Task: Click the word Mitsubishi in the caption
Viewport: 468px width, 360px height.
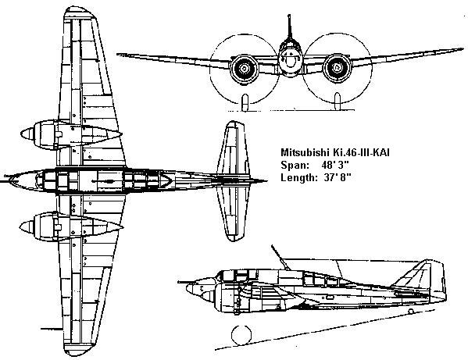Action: pyautogui.click(x=304, y=152)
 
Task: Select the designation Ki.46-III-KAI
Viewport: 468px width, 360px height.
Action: pyautogui.click(x=360, y=152)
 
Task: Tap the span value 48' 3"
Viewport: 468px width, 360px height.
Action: pyautogui.click(x=335, y=165)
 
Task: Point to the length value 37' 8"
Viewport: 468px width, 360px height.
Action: pyautogui.click(x=338, y=178)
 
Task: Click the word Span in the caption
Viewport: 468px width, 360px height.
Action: pyautogui.click(x=294, y=166)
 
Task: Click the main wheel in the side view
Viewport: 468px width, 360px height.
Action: pyautogui.click(x=241, y=335)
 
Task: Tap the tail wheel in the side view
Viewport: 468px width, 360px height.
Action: pyautogui.click(x=411, y=312)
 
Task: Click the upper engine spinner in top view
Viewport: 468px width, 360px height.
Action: pyautogui.click(x=27, y=134)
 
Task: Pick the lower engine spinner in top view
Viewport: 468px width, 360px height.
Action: pyautogui.click(x=27, y=227)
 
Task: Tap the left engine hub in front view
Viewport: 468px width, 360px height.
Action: pyautogui.click(x=244, y=69)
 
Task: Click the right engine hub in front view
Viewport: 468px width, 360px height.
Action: pyautogui.click(x=338, y=68)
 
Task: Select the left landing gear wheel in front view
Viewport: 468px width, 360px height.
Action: pyautogui.click(x=245, y=103)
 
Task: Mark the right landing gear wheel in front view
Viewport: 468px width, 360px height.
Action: pyautogui.click(x=338, y=102)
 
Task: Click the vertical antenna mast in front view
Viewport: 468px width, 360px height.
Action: pyautogui.click(x=289, y=28)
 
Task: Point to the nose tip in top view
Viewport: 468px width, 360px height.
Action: pyautogui.click(x=9, y=180)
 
